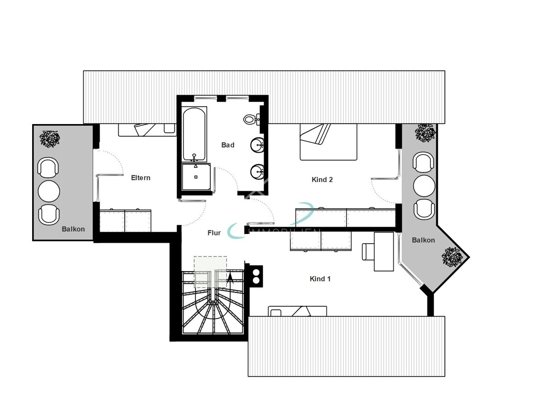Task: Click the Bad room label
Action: (228, 145)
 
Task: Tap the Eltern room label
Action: (141, 178)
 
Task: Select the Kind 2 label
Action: (322, 180)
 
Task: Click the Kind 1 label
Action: (320, 279)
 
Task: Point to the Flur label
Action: (214, 233)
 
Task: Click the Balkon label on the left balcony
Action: (74, 229)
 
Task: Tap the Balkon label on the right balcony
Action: (423, 240)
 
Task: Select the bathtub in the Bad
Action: (194, 133)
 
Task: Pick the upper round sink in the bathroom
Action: (257, 146)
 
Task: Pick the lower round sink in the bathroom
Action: (257, 172)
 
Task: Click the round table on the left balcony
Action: (49, 191)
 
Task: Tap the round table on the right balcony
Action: (424, 186)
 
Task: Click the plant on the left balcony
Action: (49, 138)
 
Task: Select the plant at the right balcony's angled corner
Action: (452, 256)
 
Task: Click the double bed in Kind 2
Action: (328, 142)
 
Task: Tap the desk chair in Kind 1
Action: (368, 251)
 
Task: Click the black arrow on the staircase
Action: (230, 277)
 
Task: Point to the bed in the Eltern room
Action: (147, 130)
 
